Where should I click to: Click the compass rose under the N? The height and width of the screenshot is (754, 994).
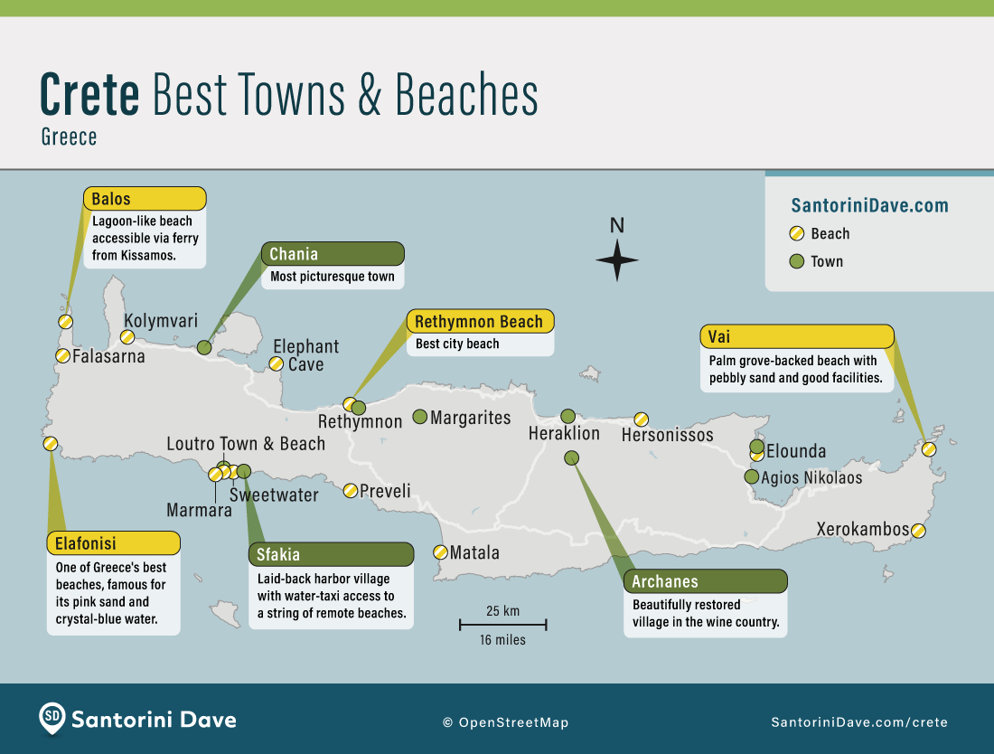coord(617,260)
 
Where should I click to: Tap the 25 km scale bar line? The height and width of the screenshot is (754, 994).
coord(503,624)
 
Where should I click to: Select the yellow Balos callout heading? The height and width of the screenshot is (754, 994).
coord(145,199)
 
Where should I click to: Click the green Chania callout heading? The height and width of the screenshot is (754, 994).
coord(332,254)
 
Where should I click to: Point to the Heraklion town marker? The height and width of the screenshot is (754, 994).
coord(567,416)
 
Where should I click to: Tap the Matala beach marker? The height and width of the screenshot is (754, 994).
coord(440,551)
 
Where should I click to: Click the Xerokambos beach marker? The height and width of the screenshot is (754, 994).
coord(918,531)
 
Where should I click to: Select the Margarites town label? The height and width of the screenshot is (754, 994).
coord(471,418)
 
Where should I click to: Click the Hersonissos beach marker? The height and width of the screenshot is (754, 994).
coord(641,419)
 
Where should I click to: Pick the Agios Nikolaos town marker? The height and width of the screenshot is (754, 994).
coord(752,476)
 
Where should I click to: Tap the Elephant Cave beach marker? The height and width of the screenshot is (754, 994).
coord(276,363)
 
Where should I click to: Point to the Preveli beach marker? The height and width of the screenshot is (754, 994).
coord(350,490)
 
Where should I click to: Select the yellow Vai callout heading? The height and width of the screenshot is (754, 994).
coord(797,337)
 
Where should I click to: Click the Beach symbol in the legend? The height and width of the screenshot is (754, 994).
coord(796,234)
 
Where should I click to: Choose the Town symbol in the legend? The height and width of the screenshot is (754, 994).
coord(796,262)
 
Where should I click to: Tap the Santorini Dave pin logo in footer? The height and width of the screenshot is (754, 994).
coord(52,719)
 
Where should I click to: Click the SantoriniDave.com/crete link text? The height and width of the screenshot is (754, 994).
coord(858,721)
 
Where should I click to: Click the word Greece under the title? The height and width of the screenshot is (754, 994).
coord(69,137)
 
